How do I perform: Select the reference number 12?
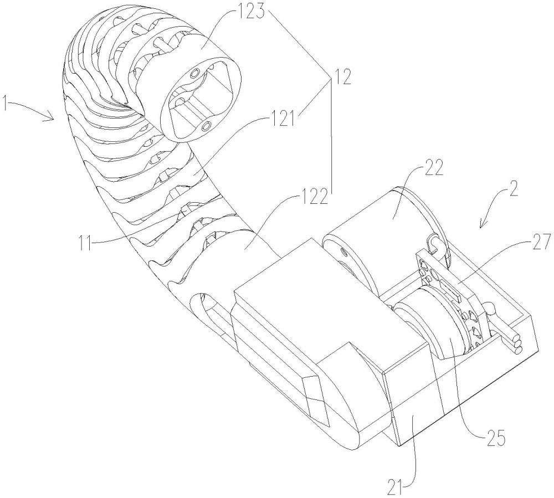pyautogui.click(x=342, y=77)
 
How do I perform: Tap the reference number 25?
pyautogui.click(x=494, y=438)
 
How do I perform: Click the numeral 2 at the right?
pyautogui.click(x=513, y=191)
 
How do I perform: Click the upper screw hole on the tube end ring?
pyautogui.click(x=194, y=74)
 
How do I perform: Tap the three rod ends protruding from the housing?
pyautogui.click(x=517, y=345)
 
